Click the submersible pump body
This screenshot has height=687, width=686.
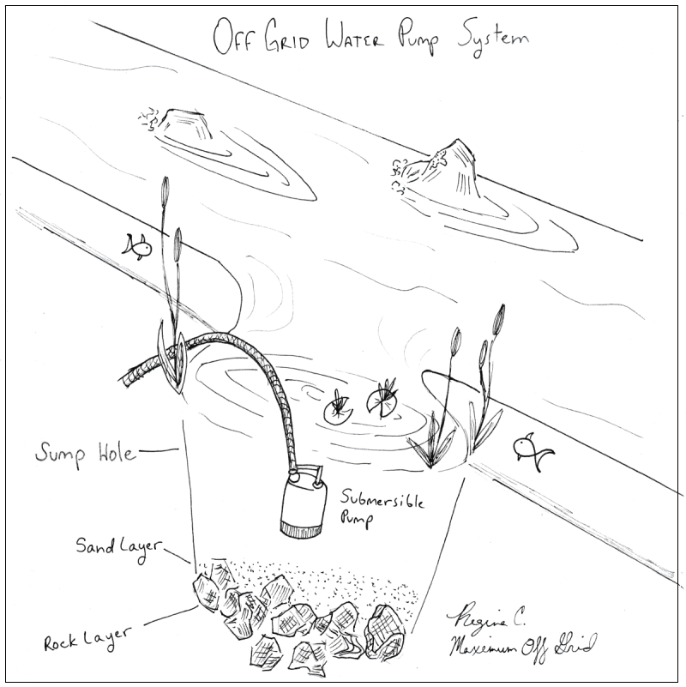302,505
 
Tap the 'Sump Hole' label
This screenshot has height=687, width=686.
85,451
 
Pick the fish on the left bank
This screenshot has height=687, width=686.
136,248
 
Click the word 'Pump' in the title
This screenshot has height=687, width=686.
420,39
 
